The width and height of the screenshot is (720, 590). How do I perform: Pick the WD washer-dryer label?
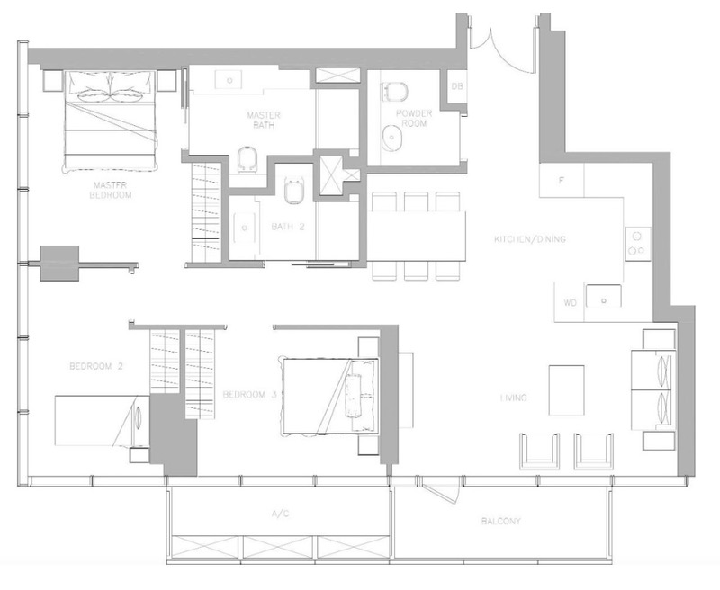pos(570,303)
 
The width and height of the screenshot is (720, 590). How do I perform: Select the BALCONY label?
pos(501,521)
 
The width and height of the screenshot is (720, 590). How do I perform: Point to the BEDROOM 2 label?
pos(94,366)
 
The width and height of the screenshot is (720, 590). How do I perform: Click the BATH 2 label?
pos(288,227)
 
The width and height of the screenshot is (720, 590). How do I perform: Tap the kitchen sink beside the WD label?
pos(604,294)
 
